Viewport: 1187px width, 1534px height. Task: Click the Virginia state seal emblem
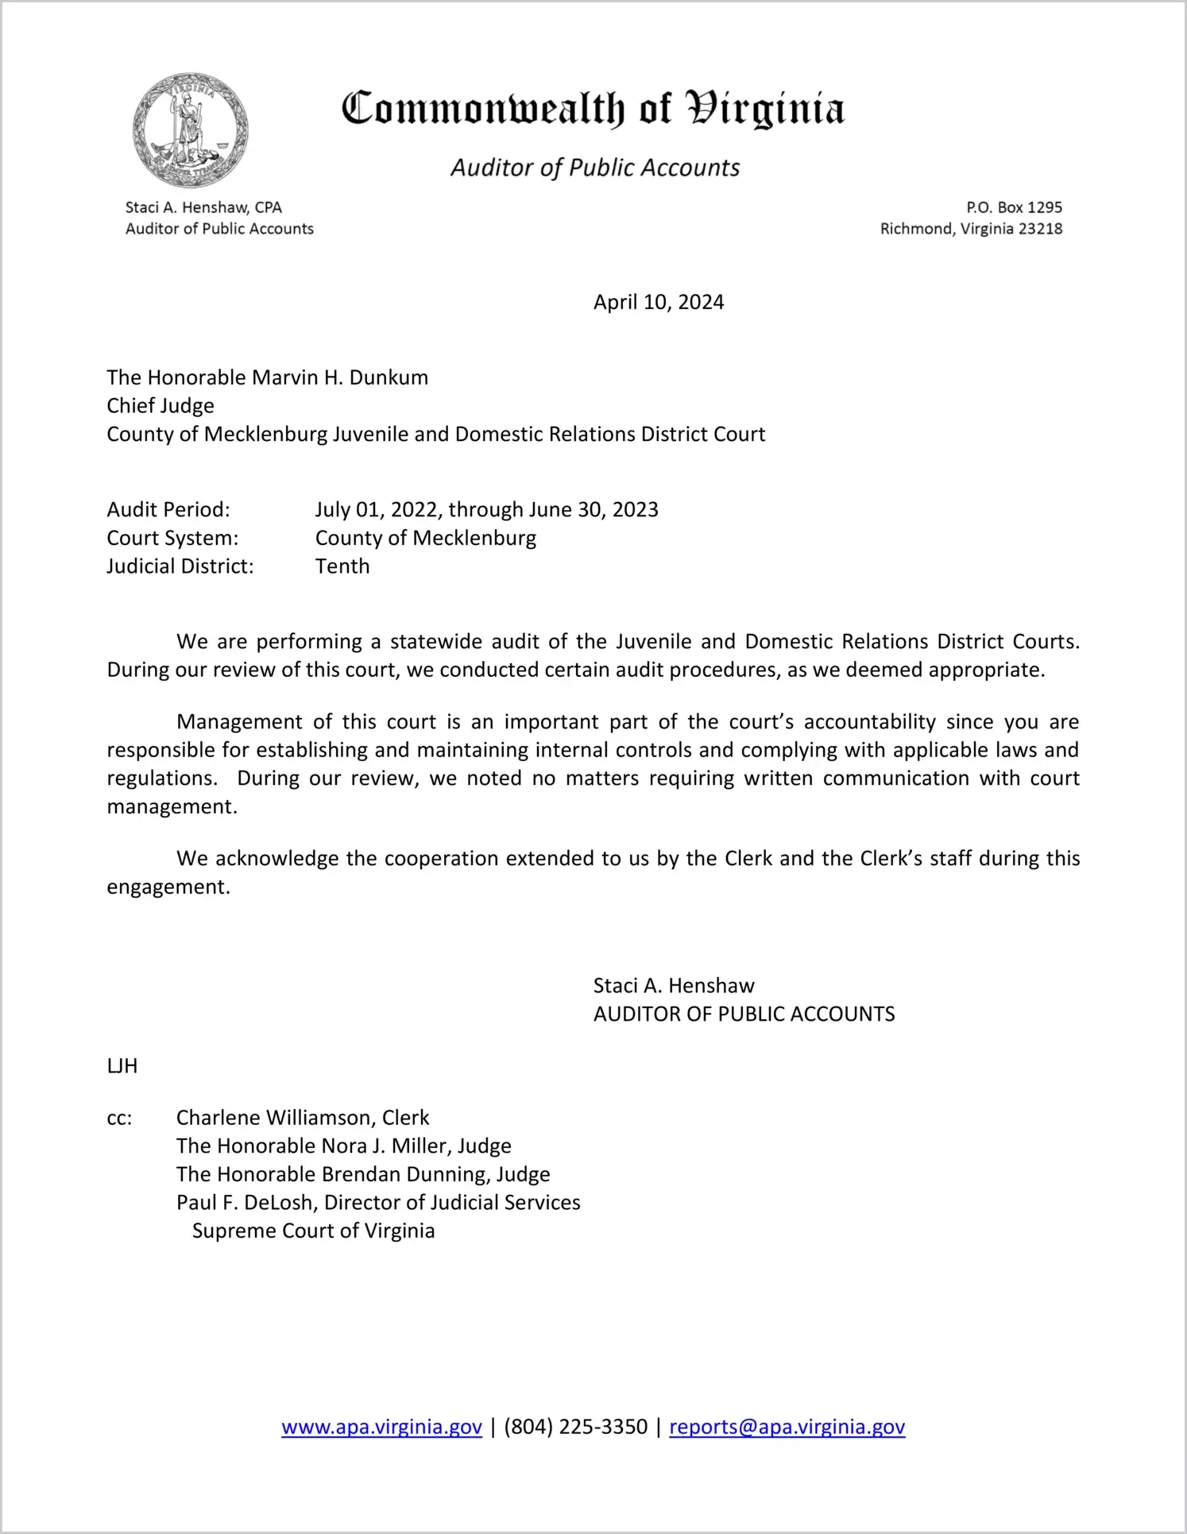tap(190, 130)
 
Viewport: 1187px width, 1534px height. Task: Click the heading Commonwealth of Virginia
tap(593, 109)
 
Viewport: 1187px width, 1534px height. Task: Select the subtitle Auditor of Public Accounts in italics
tap(595, 168)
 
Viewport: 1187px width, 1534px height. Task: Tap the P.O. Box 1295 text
tap(1014, 207)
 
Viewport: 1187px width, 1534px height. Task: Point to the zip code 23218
tap(1040, 229)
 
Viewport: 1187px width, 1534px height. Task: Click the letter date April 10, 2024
tap(659, 302)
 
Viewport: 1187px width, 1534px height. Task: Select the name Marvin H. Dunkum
tap(340, 377)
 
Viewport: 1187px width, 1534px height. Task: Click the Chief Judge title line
tap(160, 406)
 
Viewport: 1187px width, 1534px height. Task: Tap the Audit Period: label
tap(168, 509)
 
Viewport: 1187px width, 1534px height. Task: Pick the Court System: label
tap(172, 538)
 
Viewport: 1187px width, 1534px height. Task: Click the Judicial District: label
tap(180, 566)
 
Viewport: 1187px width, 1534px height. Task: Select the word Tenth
tap(342, 566)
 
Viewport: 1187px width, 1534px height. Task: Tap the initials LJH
tap(122, 1066)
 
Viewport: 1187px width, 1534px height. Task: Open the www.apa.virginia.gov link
tap(381, 1427)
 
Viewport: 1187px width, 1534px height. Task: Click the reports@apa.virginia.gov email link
tap(787, 1427)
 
